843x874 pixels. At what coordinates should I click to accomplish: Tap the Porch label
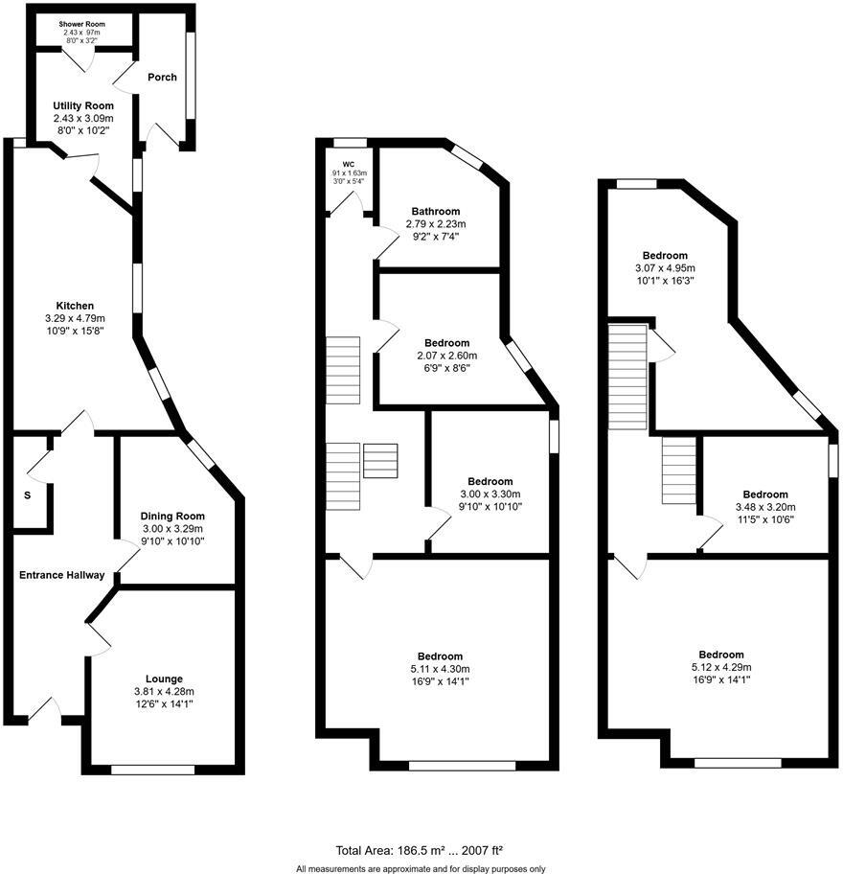[162, 77]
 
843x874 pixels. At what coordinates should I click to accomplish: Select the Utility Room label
[83, 105]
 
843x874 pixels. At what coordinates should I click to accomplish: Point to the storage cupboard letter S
[27, 495]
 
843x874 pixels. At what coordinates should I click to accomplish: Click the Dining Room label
[173, 516]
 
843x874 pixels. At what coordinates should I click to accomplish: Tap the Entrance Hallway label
[59, 575]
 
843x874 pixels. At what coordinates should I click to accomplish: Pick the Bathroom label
[436, 211]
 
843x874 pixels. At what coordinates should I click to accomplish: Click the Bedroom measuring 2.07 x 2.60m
[447, 342]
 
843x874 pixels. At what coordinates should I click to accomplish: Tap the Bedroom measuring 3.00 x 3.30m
[490, 481]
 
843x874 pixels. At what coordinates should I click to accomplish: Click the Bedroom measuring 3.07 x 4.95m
[665, 255]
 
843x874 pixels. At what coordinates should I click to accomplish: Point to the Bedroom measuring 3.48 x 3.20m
[765, 494]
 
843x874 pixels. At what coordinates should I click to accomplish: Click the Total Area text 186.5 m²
[420, 849]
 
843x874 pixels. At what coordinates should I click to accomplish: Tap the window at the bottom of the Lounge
[152, 769]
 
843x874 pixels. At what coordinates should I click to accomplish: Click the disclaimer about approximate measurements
[421, 868]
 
